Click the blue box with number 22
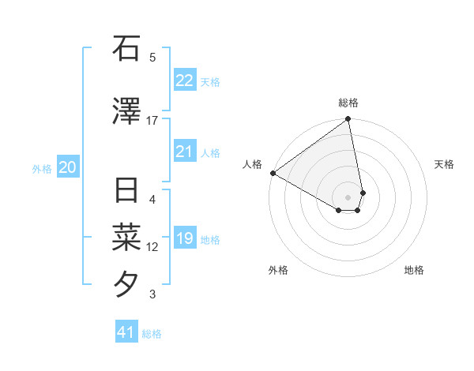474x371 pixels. pos(184,81)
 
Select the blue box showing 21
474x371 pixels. pos(184,152)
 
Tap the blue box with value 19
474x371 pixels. pos(184,238)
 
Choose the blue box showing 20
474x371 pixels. pos(68,167)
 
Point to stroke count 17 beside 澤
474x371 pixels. pos(152,121)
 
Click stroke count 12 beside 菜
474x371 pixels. pos(152,247)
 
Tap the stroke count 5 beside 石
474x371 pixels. pos(152,57)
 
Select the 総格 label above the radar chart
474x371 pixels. pos(348,103)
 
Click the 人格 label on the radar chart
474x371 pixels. pos(253,164)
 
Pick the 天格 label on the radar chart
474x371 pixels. pos(444,164)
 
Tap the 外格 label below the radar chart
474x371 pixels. pos(278,270)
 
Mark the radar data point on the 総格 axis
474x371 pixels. pos(348,120)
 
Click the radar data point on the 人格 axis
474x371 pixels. pos(273,173)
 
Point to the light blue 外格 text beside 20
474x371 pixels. pos(42,168)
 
